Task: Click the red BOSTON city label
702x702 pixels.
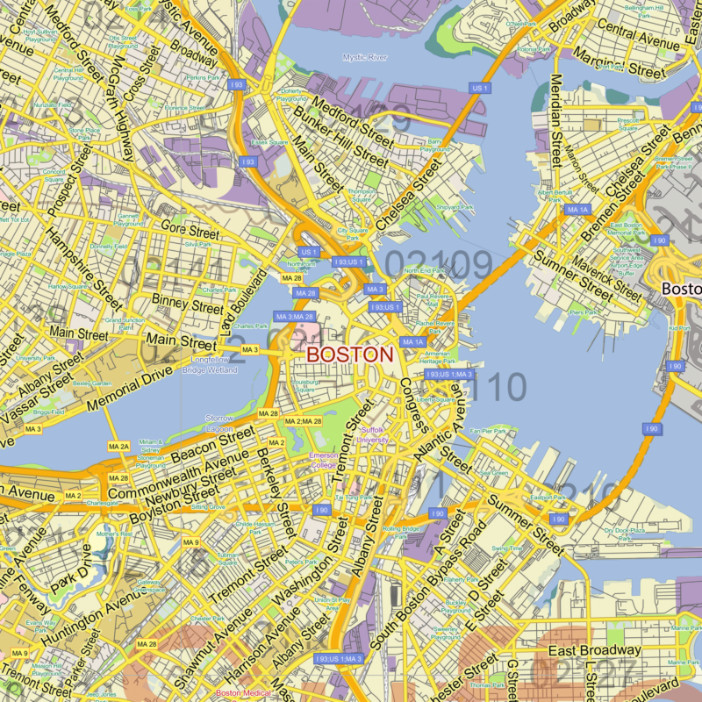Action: point(349,355)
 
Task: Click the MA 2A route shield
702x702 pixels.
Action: point(118,448)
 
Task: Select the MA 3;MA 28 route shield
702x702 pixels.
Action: point(295,316)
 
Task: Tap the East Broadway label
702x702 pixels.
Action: point(594,650)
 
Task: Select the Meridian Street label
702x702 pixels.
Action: point(556,118)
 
